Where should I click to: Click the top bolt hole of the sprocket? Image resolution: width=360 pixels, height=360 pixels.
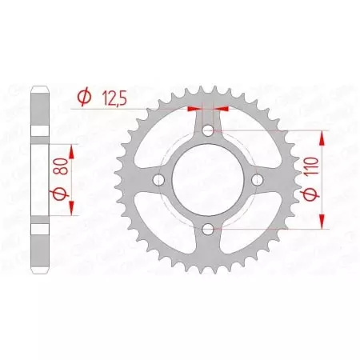click(208, 130)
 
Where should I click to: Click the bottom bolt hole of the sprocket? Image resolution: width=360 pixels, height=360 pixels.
click(208, 230)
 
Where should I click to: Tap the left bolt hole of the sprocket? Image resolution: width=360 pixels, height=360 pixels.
click(158, 180)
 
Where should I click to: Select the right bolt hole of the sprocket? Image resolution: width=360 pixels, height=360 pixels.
click(258, 180)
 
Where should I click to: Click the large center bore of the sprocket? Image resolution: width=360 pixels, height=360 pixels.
click(208, 180)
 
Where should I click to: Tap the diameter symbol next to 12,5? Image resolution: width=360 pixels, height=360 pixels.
click(83, 98)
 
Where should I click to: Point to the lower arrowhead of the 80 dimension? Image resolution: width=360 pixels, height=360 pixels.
click(71, 210)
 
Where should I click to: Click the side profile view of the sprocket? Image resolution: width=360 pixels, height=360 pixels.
click(40, 180)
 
